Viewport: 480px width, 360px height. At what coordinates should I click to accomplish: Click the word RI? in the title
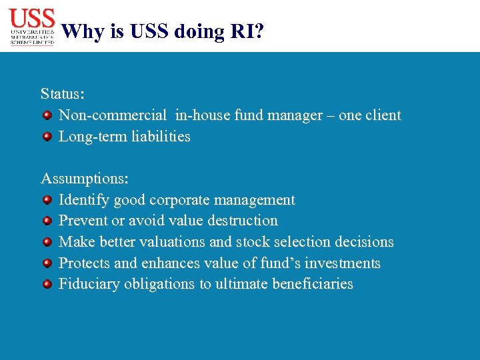tap(245, 31)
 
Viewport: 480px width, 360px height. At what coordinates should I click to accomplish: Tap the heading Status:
tap(62, 93)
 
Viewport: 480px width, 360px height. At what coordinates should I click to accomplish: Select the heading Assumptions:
tap(85, 179)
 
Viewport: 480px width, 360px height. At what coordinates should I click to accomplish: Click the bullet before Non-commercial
tap(47, 116)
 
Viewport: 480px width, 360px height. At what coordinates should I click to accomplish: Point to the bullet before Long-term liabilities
tap(47, 137)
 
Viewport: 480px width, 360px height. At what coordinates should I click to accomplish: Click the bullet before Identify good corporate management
tap(47, 200)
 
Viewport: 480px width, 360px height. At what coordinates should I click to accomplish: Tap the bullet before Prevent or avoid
tap(47, 221)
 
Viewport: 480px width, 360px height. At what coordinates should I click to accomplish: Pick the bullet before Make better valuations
tap(47, 242)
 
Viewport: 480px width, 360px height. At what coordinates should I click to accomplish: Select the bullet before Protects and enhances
tap(47, 263)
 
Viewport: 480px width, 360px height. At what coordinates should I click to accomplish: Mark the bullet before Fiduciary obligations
tap(47, 284)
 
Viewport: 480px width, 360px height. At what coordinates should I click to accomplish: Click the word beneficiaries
tap(311, 284)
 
